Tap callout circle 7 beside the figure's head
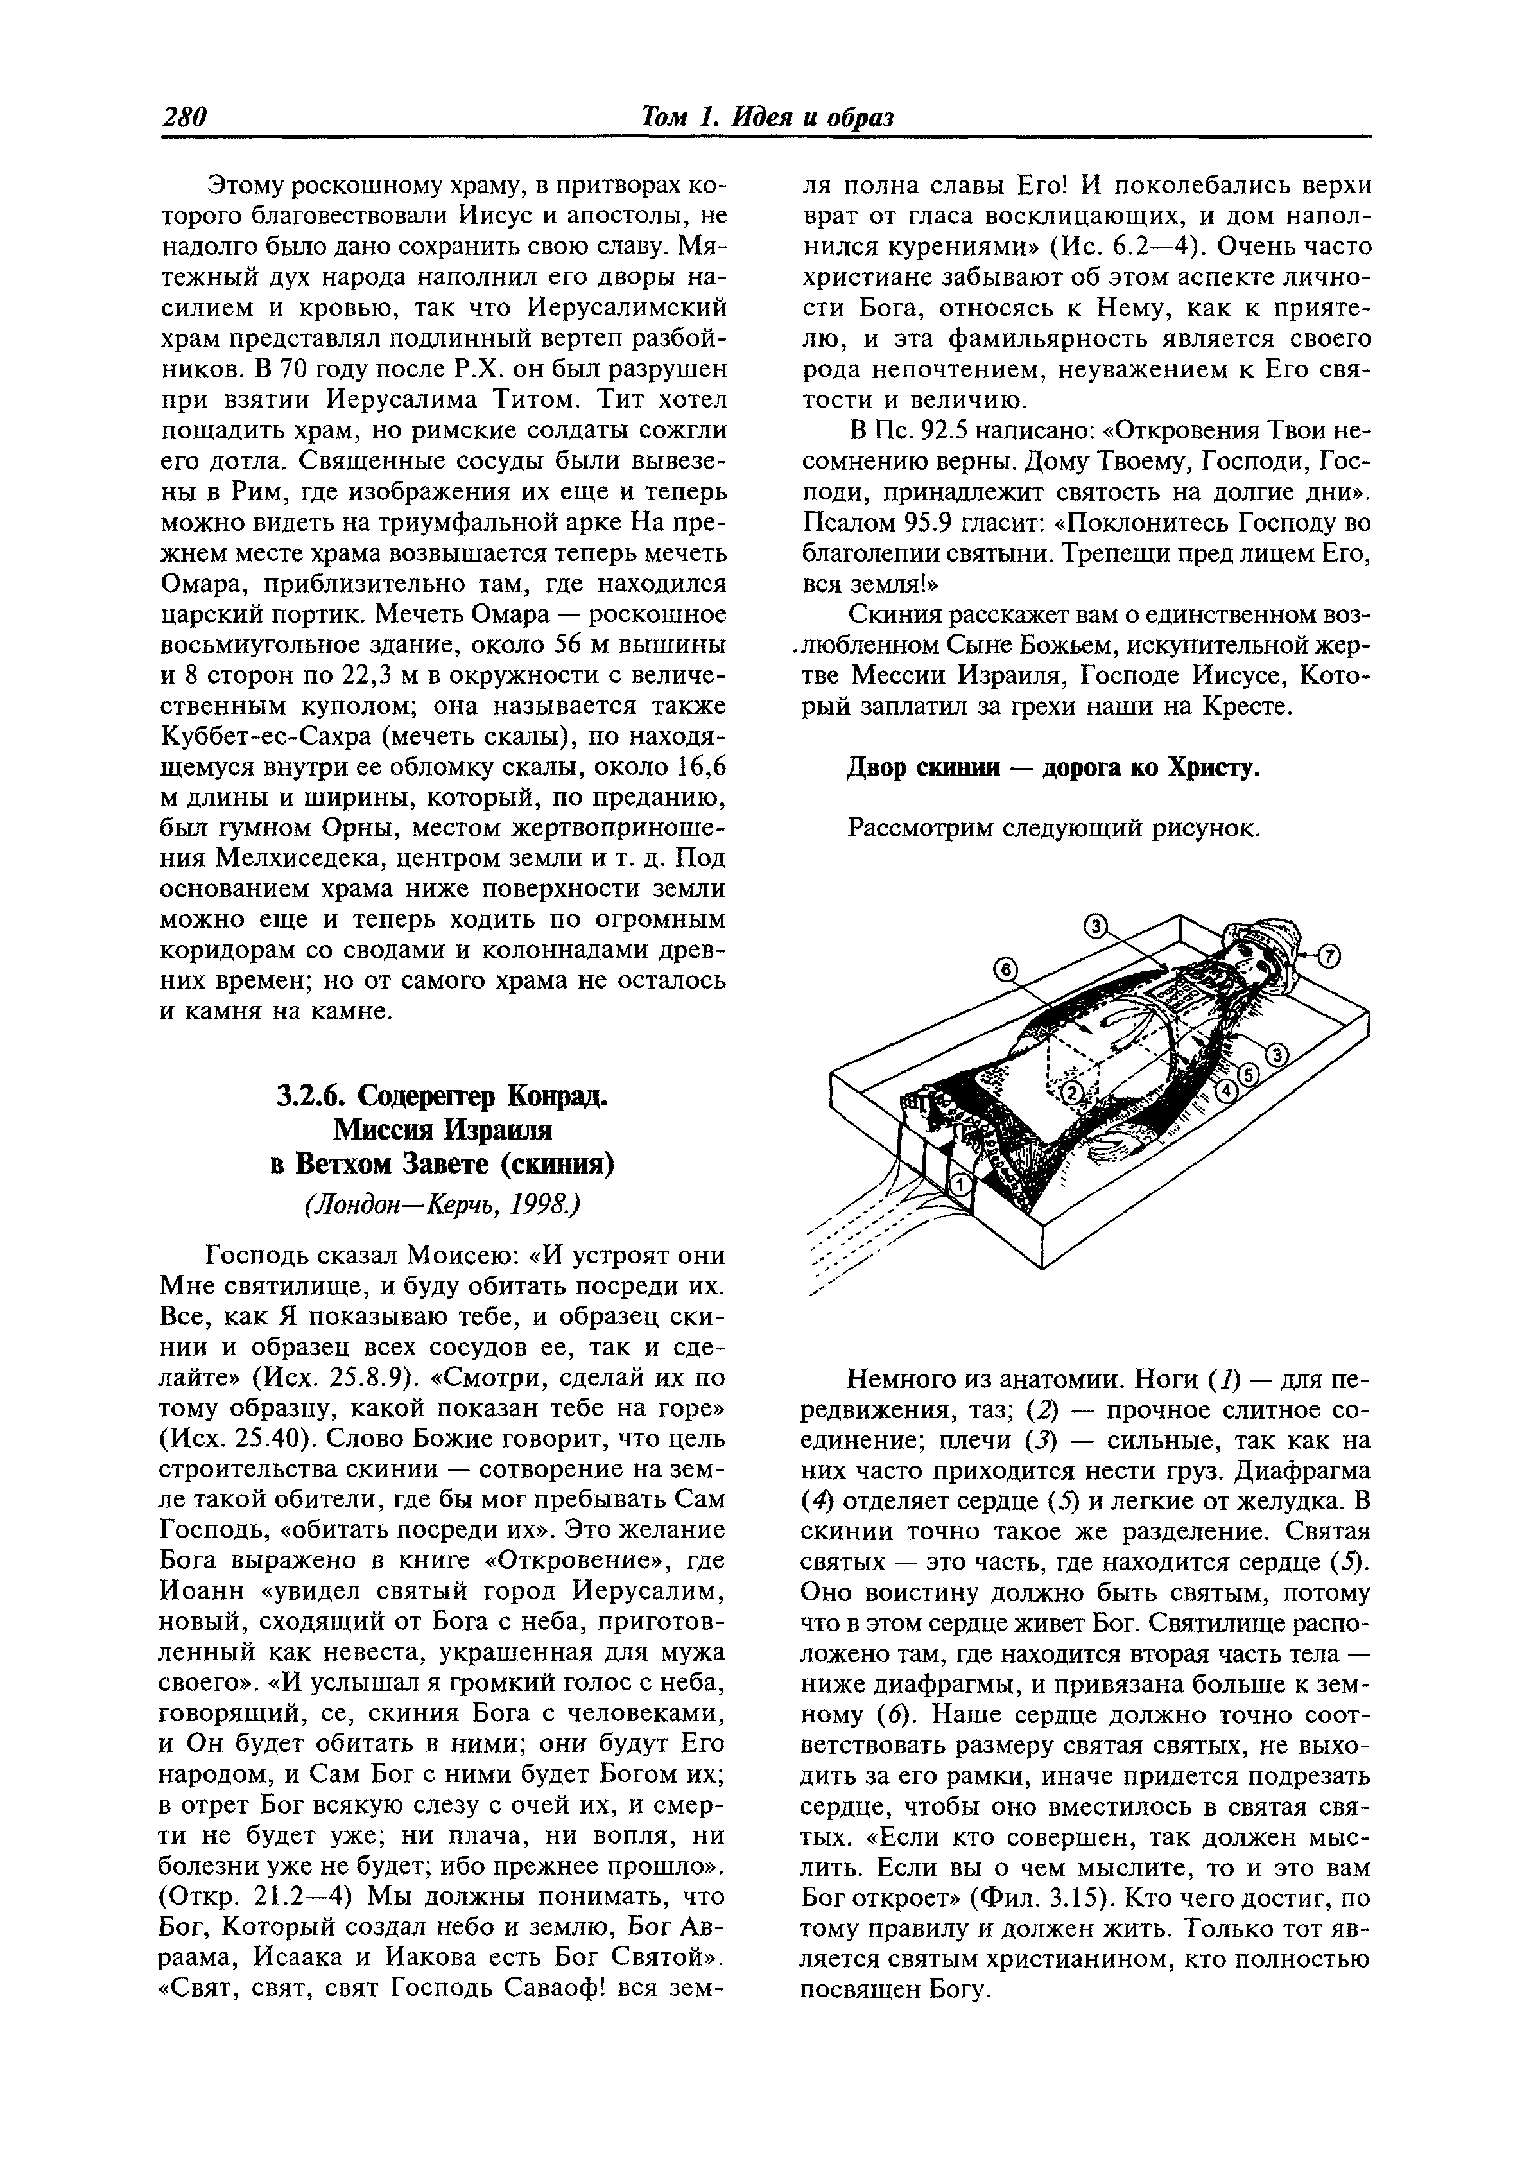click(1329, 957)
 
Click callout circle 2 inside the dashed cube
click(1071, 1092)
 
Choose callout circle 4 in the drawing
click(1227, 1092)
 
